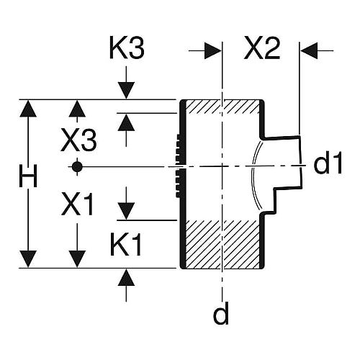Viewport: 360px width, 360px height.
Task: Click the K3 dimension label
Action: point(127,48)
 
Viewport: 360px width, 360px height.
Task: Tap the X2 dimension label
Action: point(262,48)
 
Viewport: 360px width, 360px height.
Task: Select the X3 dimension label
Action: point(79,140)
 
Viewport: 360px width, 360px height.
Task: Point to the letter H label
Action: point(28,176)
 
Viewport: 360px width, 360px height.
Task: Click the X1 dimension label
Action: point(77,204)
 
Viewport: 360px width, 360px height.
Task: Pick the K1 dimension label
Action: point(126,244)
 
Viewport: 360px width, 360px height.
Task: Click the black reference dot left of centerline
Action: point(77,166)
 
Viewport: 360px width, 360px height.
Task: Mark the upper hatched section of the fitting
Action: point(222,107)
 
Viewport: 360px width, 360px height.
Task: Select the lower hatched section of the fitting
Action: point(222,244)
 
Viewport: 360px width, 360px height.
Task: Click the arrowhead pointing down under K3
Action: point(126,90)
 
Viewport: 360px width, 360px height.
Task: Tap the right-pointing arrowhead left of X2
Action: point(213,50)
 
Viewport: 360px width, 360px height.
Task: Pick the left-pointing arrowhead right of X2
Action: point(310,50)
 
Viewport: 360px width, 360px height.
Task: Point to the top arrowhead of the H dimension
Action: point(28,109)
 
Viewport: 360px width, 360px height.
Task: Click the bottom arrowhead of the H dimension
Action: point(28,258)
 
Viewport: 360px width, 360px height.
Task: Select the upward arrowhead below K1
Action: point(126,277)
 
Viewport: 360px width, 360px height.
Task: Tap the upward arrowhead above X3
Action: point(77,109)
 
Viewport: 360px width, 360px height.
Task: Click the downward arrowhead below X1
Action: point(77,258)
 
